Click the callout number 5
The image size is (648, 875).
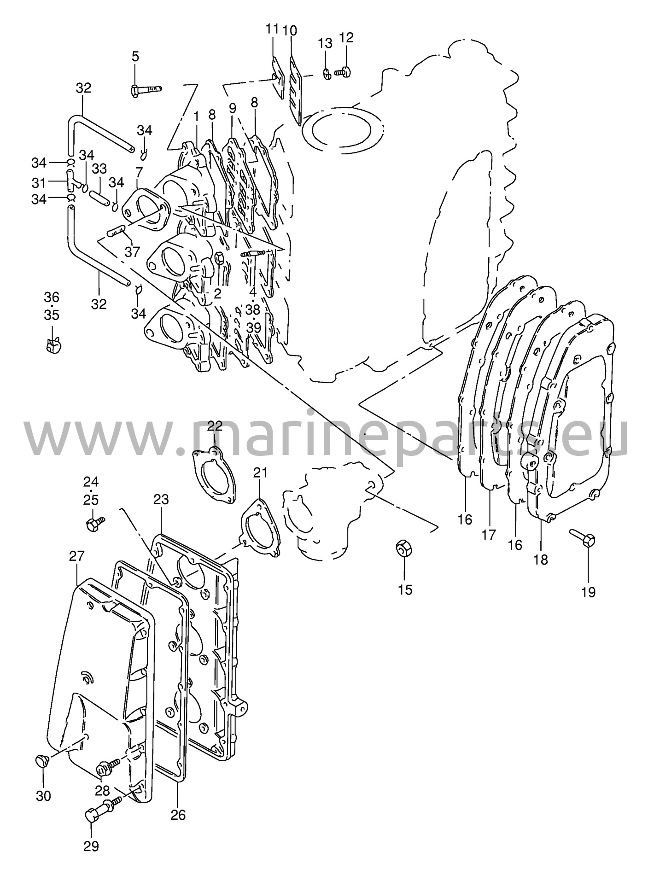pos(135,57)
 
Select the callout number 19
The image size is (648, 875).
pos(588,591)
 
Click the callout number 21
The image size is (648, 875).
pos(260,472)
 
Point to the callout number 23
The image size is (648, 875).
pos(161,499)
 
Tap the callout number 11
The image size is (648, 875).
pos(272,29)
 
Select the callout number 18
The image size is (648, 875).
pos(541,560)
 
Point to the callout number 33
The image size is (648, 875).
pos(99,169)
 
